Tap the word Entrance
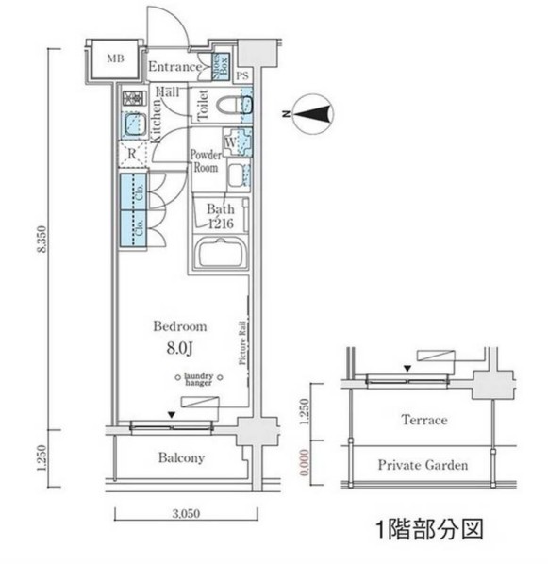[x=175, y=67]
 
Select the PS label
[x=242, y=75]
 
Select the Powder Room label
[x=205, y=161]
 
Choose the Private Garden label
[x=423, y=465]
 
